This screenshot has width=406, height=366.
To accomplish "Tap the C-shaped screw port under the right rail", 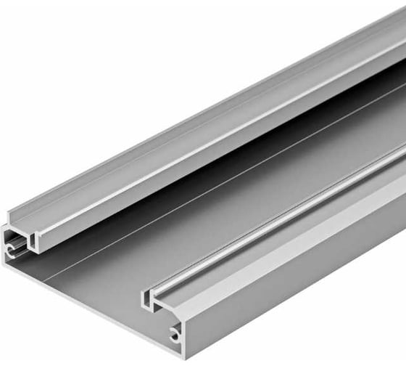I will (x=175, y=334).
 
